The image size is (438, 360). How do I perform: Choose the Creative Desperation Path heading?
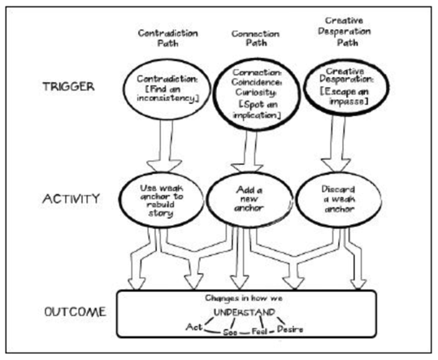pos(338,38)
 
